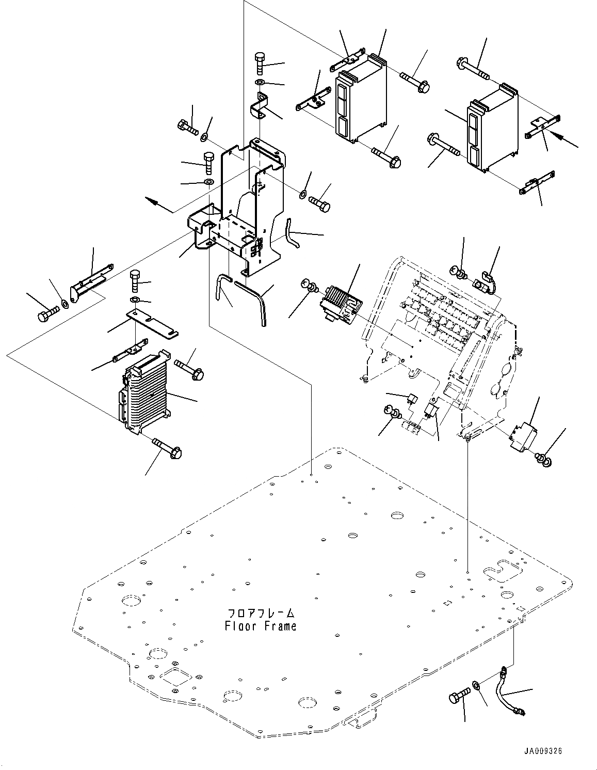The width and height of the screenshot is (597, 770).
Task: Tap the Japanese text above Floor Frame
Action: [x=261, y=614]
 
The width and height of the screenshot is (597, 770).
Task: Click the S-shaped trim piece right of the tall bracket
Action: [x=292, y=232]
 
